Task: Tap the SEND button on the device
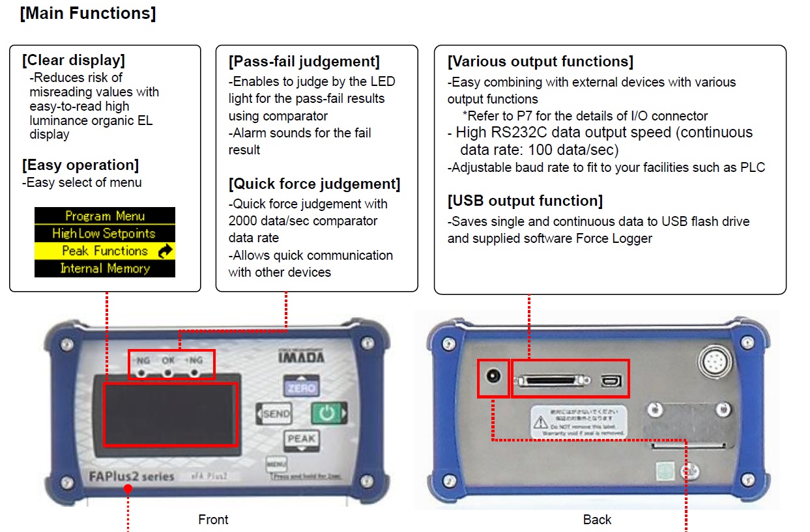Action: click(275, 413)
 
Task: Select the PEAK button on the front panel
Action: click(301, 439)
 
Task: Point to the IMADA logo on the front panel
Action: click(301, 357)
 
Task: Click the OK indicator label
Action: click(168, 359)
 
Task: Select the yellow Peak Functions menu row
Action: click(105, 251)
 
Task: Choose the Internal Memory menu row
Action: click(105, 268)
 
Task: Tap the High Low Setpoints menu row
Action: click(105, 233)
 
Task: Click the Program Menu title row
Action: click(105, 216)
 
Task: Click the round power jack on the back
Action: click(493, 377)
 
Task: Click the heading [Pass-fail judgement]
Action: click(304, 62)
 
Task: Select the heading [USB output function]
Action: click(525, 201)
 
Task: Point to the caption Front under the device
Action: click(213, 520)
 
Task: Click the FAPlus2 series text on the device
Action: click(131, 477)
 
